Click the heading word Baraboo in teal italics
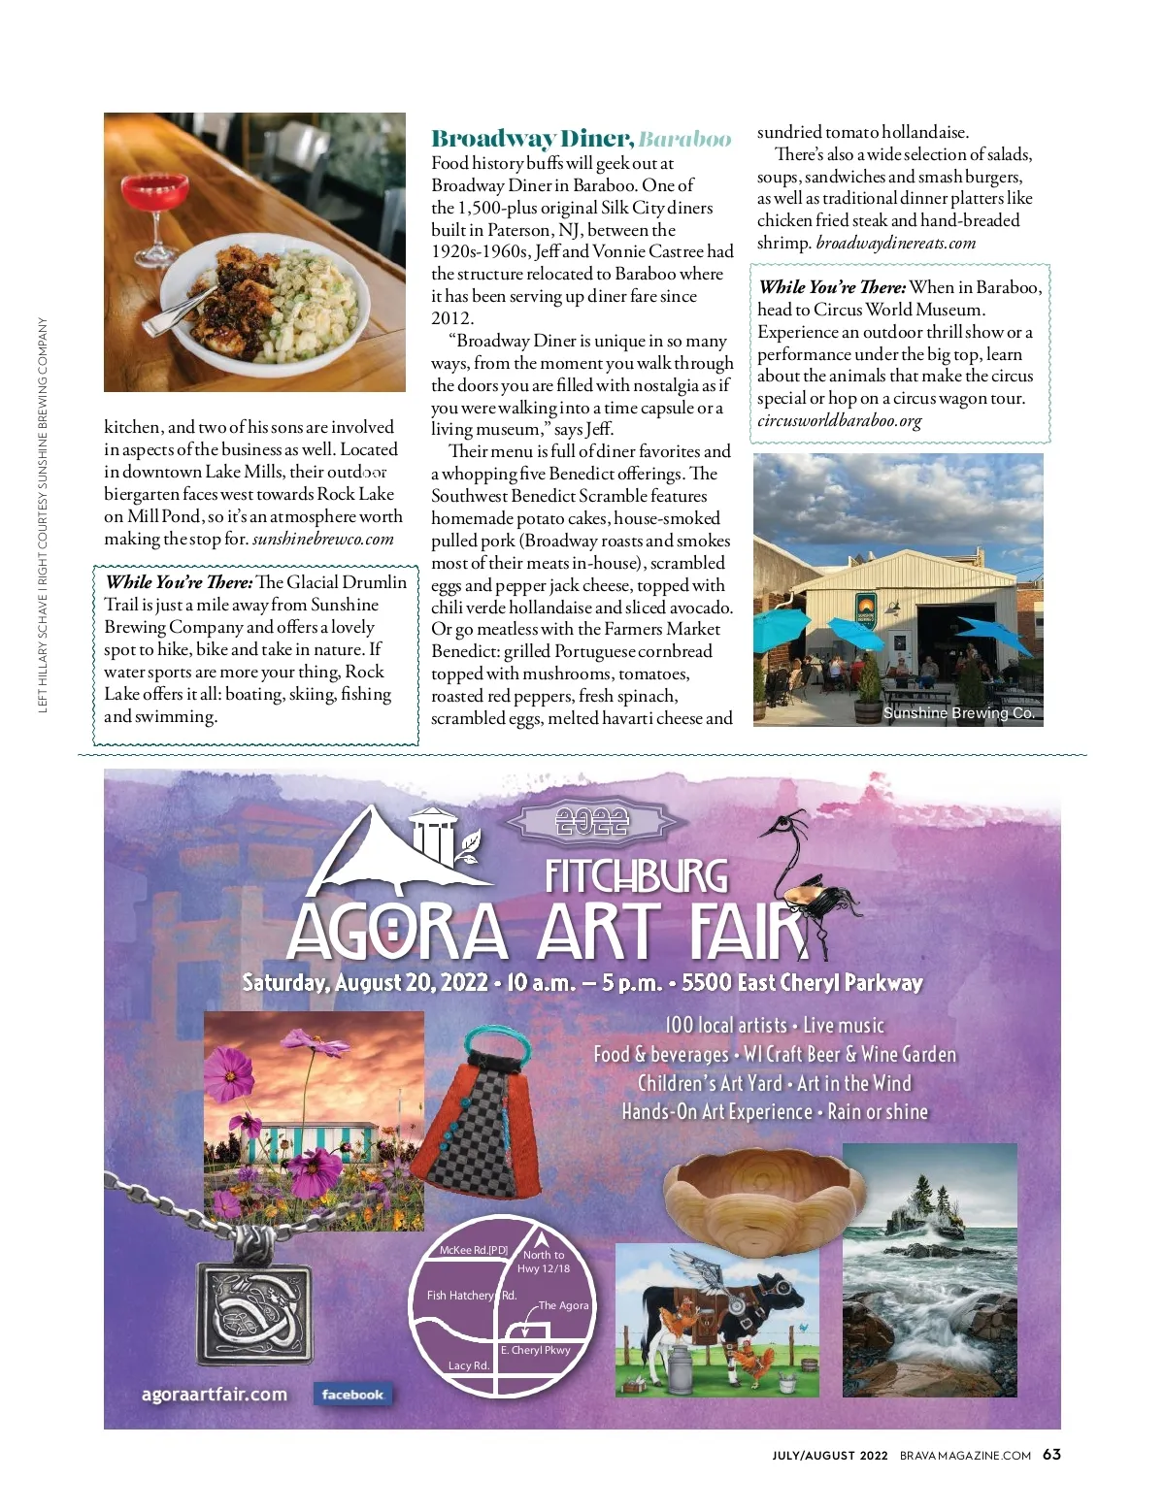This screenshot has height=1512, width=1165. (x=684, y=139)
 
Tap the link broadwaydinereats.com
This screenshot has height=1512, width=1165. (x=895, y=243)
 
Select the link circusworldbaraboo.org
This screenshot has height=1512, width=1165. (x=839, y=420)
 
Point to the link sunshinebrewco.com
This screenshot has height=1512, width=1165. (x=323, y=539)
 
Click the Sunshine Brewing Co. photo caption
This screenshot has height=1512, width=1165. (x=959, y=712)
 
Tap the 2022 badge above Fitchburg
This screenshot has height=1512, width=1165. (x=592, y=823)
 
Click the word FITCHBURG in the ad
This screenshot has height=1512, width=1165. (x=636, y=876)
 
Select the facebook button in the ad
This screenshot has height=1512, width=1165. (x=352, y=1395)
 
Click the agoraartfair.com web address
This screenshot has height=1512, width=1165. (x=215, y=1395)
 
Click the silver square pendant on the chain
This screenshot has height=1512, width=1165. (x=254, y=1313)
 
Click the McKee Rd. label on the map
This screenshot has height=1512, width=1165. (x=473, y=1250)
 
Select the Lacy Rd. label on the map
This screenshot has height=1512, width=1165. (x=468, y=1365)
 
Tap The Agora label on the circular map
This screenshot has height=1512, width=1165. (x=563, y=1305)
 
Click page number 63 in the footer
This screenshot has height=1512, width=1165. (x=1051, y=1454)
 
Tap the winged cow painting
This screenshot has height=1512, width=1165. (x=716, y=1320)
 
